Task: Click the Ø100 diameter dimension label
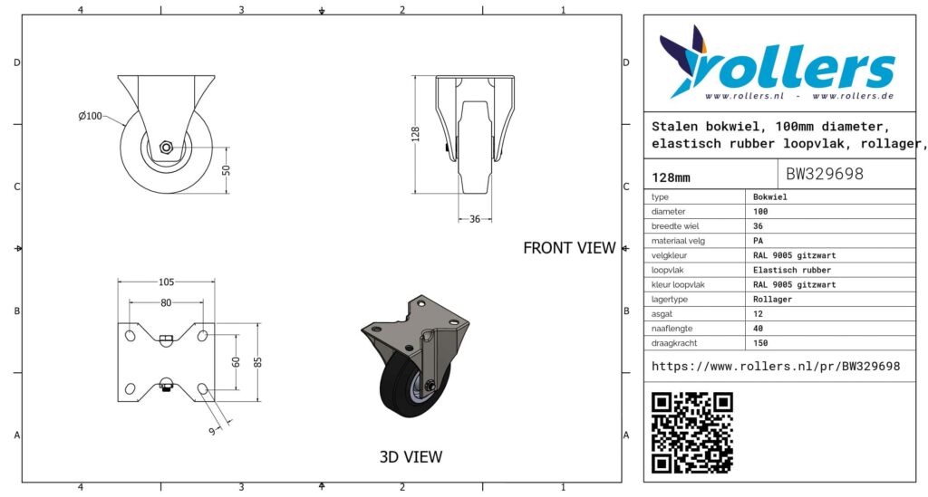point(90,116)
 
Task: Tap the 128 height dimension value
point(415,134)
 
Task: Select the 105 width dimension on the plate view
point(167,282)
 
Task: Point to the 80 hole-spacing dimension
point(166,302)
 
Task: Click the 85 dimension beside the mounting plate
point(258,362)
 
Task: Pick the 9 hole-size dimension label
point(212,432)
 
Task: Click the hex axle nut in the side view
point(167,148)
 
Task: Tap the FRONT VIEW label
point(569,248)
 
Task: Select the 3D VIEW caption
point(411,457)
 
